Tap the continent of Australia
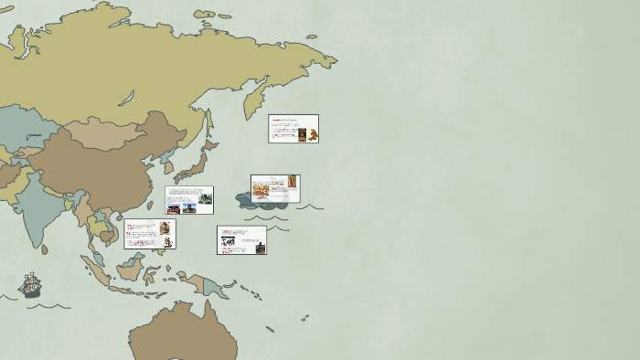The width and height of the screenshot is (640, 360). click(183, 334)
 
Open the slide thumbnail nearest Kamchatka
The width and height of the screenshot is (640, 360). click(293, 129)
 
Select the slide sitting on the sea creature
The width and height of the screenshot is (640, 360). click(275, 188)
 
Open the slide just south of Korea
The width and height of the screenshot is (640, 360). click(189, 200)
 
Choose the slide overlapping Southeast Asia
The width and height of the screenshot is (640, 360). click(150, 234)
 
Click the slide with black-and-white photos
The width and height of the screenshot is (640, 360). click(241, 240)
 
